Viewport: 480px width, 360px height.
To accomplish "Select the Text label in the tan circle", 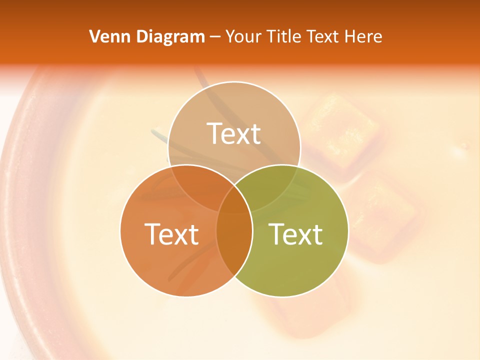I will (x=234, y=133).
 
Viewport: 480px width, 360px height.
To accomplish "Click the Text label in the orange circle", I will (x=171, y=233).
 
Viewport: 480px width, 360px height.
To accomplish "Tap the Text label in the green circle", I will (x=295, y=233).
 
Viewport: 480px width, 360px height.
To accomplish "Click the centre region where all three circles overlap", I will (x=234, y=202).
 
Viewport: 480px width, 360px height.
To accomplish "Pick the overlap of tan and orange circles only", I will (x=200, y=187).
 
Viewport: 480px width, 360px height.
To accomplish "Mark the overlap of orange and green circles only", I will (x=234, y=245).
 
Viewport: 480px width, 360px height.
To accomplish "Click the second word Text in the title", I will (x=321, y=36).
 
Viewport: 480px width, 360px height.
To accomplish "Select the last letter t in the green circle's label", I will (x=317, y=233).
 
